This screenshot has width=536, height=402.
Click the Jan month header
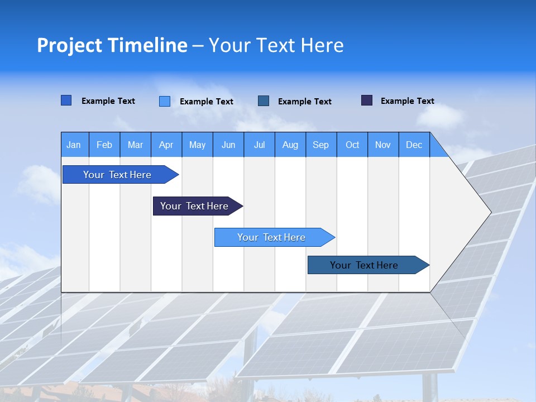(74, 145)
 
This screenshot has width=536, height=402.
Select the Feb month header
(104, 145)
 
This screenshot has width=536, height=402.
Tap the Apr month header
(166, 145)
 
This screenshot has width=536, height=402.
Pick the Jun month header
(228, 145)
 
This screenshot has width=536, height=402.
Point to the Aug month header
(290, 145)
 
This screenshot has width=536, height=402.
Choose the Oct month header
(352, 145)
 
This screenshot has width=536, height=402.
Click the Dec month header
(414, 145)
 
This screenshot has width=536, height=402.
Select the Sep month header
(321, 145)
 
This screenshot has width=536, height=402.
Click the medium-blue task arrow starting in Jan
(117, 175)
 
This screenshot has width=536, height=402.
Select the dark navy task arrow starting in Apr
(194, 206)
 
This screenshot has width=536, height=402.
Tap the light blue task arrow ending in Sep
(271, 237)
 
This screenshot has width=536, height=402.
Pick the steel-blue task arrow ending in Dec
(364, 265)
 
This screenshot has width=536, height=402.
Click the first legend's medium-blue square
(66, 100)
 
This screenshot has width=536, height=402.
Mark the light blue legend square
(165, 101)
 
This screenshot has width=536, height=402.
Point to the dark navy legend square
(367, 100)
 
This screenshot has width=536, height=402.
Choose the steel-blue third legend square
(264, 100)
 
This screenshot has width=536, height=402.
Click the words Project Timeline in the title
(112, 45)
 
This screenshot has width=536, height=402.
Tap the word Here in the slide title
(322, 45)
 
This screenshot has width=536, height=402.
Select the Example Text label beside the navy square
(407, 101)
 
